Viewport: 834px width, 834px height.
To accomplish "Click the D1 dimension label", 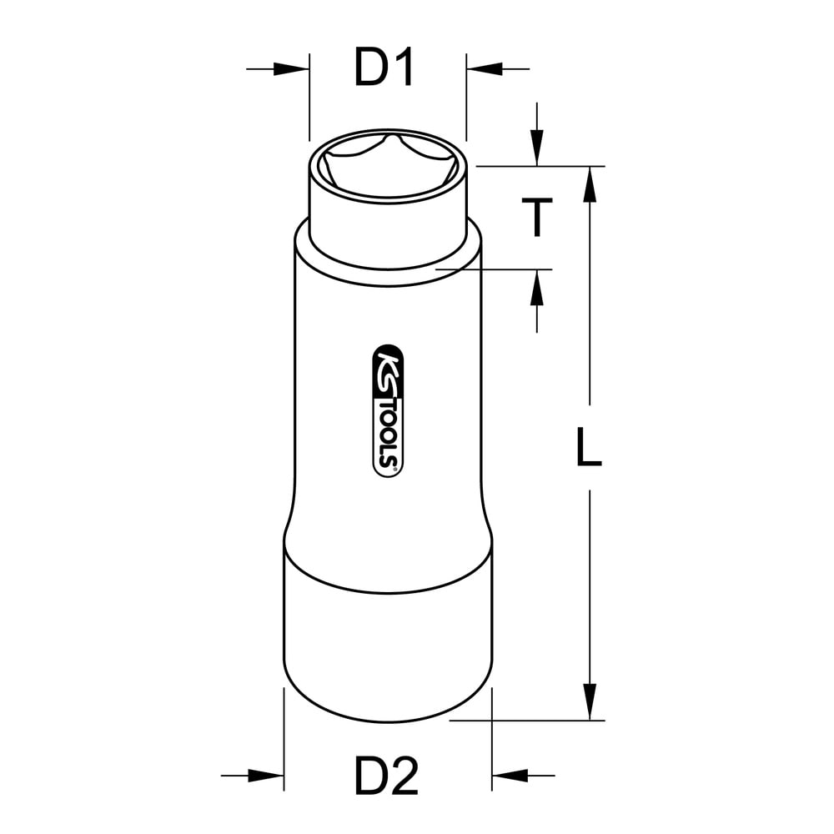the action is pos(384,68).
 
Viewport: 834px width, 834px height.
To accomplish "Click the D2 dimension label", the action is pos(387,776).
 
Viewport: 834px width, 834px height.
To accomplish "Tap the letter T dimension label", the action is pos(536,217).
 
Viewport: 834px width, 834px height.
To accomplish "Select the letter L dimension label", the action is pos(590,447).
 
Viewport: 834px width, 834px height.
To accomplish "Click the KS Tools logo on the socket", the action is pos(388,410).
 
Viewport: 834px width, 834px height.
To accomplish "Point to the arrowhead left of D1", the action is pos(291,68).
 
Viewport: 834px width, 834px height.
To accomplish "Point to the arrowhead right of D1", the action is pos(484,68).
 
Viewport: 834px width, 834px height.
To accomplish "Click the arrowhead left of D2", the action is pos(266,776).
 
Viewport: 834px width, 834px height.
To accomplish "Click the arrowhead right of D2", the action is pos(510,776).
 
